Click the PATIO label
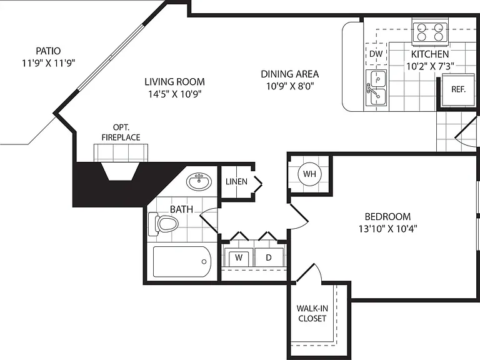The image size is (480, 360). [x=48, y=51]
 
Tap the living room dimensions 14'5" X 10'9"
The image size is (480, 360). [x=175, y=94]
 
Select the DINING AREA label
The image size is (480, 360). [x=289, y=74]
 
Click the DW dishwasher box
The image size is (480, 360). [x=376, y=54]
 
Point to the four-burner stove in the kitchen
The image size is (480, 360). [x=430, y=32]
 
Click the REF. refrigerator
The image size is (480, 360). [x=458, y=90]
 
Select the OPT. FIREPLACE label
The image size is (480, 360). [x=121, y=132]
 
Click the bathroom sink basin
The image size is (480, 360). [x=199, y=182]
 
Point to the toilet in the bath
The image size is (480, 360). [x=163, y=224]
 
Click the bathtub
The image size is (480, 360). [x=182, y=262]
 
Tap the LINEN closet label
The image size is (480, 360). [x=236, y=181]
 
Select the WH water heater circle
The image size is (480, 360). [x=309, y=174]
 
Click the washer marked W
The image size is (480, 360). [x=239, y=257]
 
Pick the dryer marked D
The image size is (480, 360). [x=269, y=257]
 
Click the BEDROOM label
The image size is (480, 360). [x=387, y=217]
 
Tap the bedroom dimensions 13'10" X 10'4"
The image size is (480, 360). [x=388, y=229]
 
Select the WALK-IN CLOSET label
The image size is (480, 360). [x=312, y=313]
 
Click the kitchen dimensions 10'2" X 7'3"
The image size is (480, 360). [x=430, y=66]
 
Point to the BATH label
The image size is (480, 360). [x=181, y=209]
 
